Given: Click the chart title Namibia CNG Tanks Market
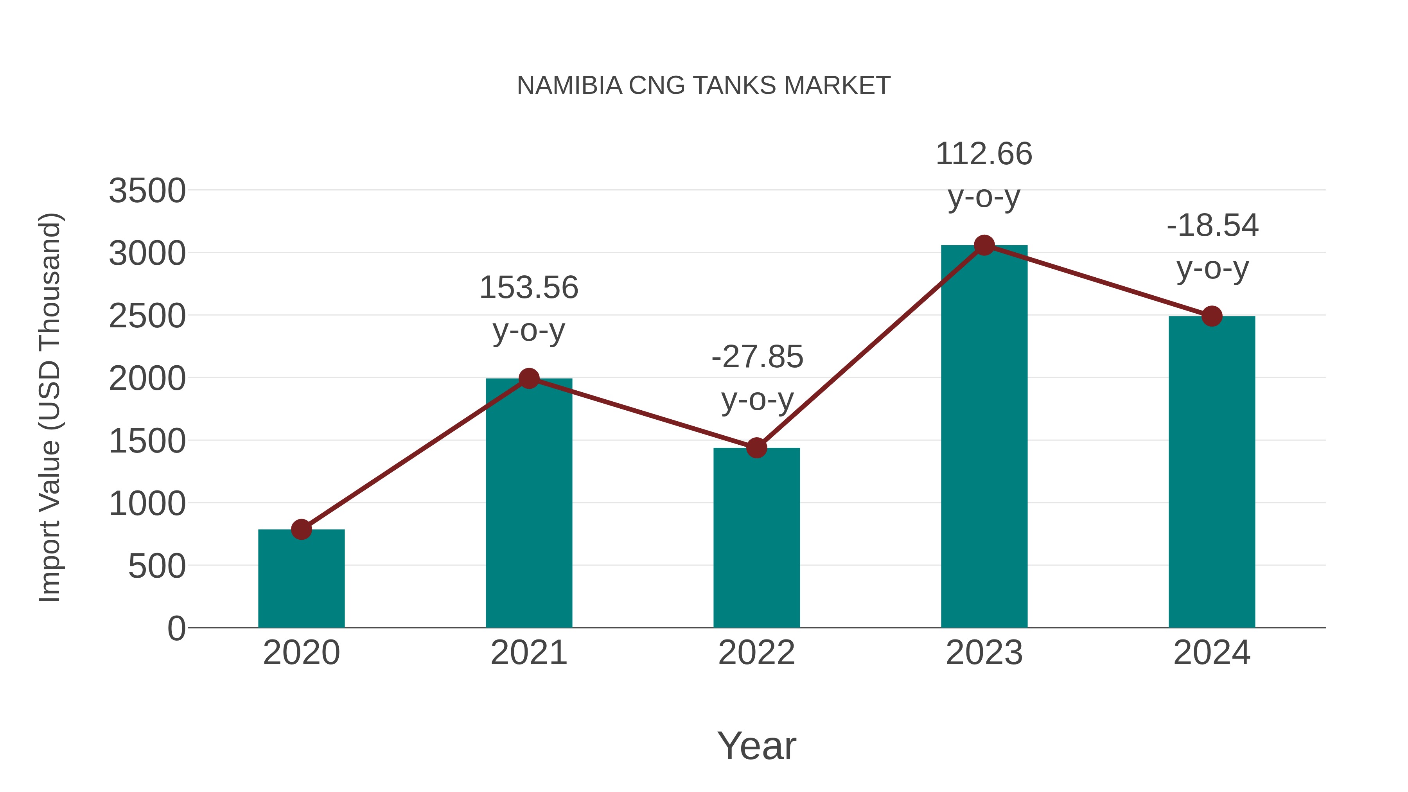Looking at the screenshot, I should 704,86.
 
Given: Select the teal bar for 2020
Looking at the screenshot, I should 301,579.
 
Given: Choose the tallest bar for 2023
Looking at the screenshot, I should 984,437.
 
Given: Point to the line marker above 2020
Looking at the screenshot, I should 301,529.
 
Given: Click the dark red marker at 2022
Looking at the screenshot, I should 756,448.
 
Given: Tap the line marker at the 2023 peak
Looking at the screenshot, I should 984,245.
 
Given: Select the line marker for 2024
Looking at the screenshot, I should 1212,316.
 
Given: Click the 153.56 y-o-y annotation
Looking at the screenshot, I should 528,287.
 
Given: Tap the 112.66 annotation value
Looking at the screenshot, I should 984,154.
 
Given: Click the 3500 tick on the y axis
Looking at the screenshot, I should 147,191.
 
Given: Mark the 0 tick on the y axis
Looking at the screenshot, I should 176,629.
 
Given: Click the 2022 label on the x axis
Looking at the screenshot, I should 756,653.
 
